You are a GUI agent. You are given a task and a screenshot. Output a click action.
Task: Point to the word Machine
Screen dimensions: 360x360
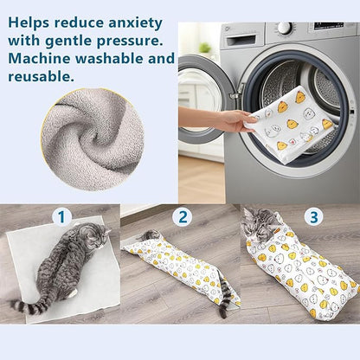pos(41,58)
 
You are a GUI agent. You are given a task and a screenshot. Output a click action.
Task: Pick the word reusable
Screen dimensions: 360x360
pos(41,77)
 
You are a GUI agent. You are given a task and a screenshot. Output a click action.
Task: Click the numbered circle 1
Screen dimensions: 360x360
pos(61,216)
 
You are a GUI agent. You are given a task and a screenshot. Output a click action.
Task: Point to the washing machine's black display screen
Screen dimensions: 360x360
pos(327,28)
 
